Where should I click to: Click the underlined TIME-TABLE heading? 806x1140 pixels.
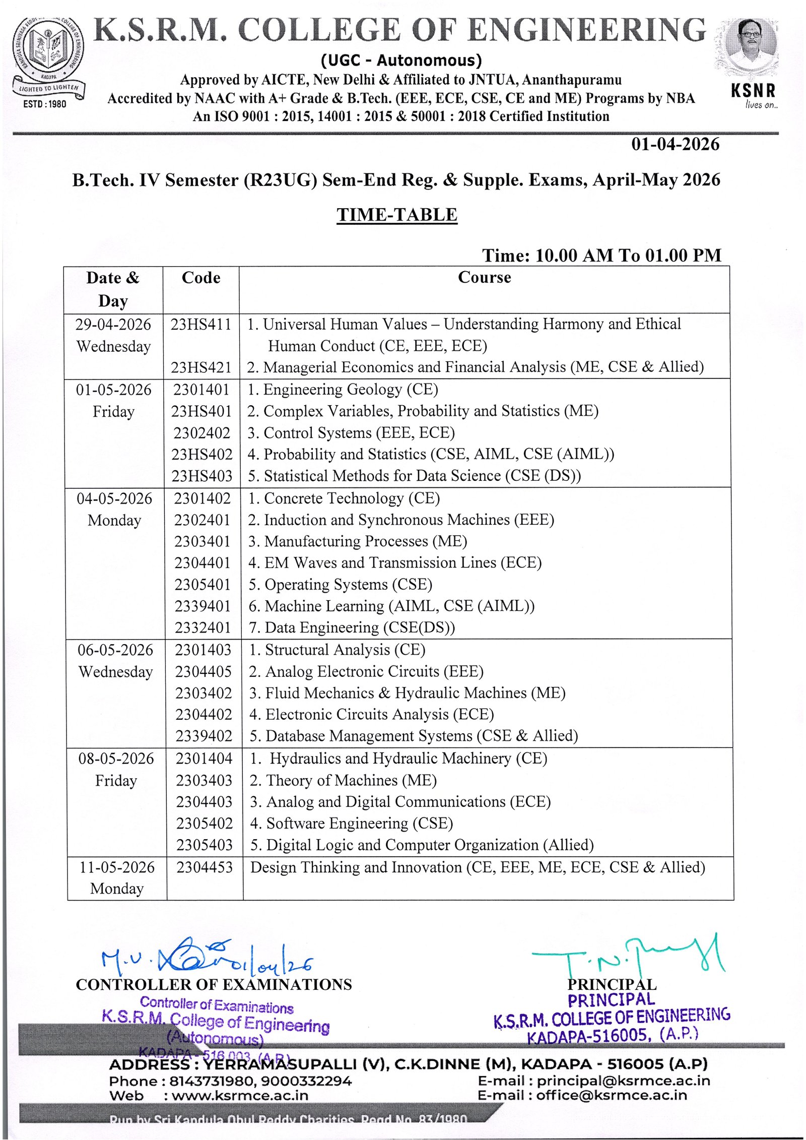tap(397, 215)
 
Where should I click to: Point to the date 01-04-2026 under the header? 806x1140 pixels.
tap(675, 145)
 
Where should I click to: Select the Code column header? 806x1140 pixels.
tap(201, 278)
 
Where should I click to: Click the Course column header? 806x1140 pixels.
tap(484, 277)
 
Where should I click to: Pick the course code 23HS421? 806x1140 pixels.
tap(201, 367)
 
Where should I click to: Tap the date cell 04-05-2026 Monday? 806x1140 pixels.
tap(114, 509)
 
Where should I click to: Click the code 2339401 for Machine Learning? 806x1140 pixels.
tap(203, 606)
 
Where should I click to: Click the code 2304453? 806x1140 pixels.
tap(204, 867)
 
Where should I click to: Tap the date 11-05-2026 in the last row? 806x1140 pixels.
tap(117, 867)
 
